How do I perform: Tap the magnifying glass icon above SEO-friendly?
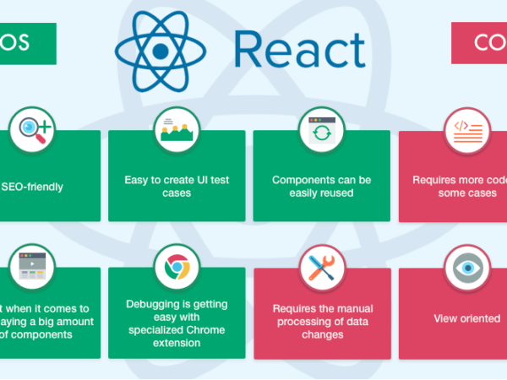[x=31, y=130]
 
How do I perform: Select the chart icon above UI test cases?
[x=177, y=130]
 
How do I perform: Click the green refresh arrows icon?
[x=322, y=130]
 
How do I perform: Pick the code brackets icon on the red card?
[x=467, y=130]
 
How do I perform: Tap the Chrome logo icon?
[x=177, y=268]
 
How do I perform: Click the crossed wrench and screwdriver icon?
[x=322, y=268]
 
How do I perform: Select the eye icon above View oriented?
[x=467, y=268]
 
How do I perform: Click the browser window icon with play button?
[x=31, y=268]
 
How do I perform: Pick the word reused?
[x=337, y=193]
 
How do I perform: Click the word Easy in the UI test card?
[x=137, y=180]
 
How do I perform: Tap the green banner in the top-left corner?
[x=25, y=43]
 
